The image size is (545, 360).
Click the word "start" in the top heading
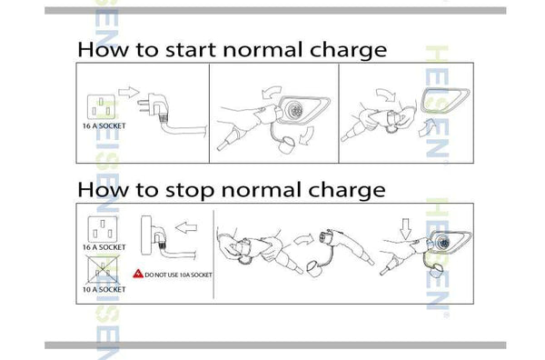191,49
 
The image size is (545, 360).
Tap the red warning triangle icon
138,274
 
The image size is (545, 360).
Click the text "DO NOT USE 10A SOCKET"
178,275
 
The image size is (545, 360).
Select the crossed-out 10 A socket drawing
102,270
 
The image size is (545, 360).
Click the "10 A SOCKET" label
104,289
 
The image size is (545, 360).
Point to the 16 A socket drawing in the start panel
101,106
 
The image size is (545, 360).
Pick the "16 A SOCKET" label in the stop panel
104,247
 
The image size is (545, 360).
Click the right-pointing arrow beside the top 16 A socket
129,92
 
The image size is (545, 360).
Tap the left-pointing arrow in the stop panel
186,228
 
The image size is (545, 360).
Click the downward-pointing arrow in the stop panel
405,229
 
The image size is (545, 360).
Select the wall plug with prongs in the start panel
154,105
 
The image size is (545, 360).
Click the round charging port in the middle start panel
294,111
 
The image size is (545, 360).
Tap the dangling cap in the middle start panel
287,145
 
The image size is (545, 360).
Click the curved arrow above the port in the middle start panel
271,92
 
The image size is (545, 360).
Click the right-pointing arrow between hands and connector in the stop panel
303,239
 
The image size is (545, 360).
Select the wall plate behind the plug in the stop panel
146,235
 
